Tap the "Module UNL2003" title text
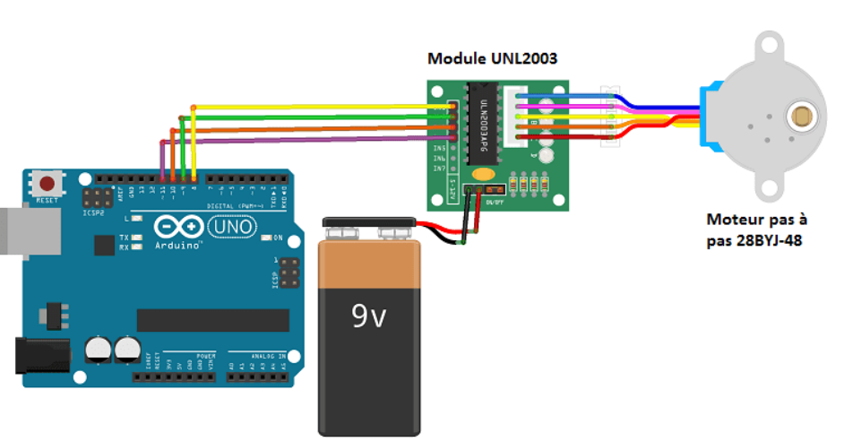pos(492,59)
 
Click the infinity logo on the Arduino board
pos(176,227)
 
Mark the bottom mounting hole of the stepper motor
pos(769,188)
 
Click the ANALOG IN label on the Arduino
pos(269,356)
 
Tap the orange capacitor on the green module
pos(484,174)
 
